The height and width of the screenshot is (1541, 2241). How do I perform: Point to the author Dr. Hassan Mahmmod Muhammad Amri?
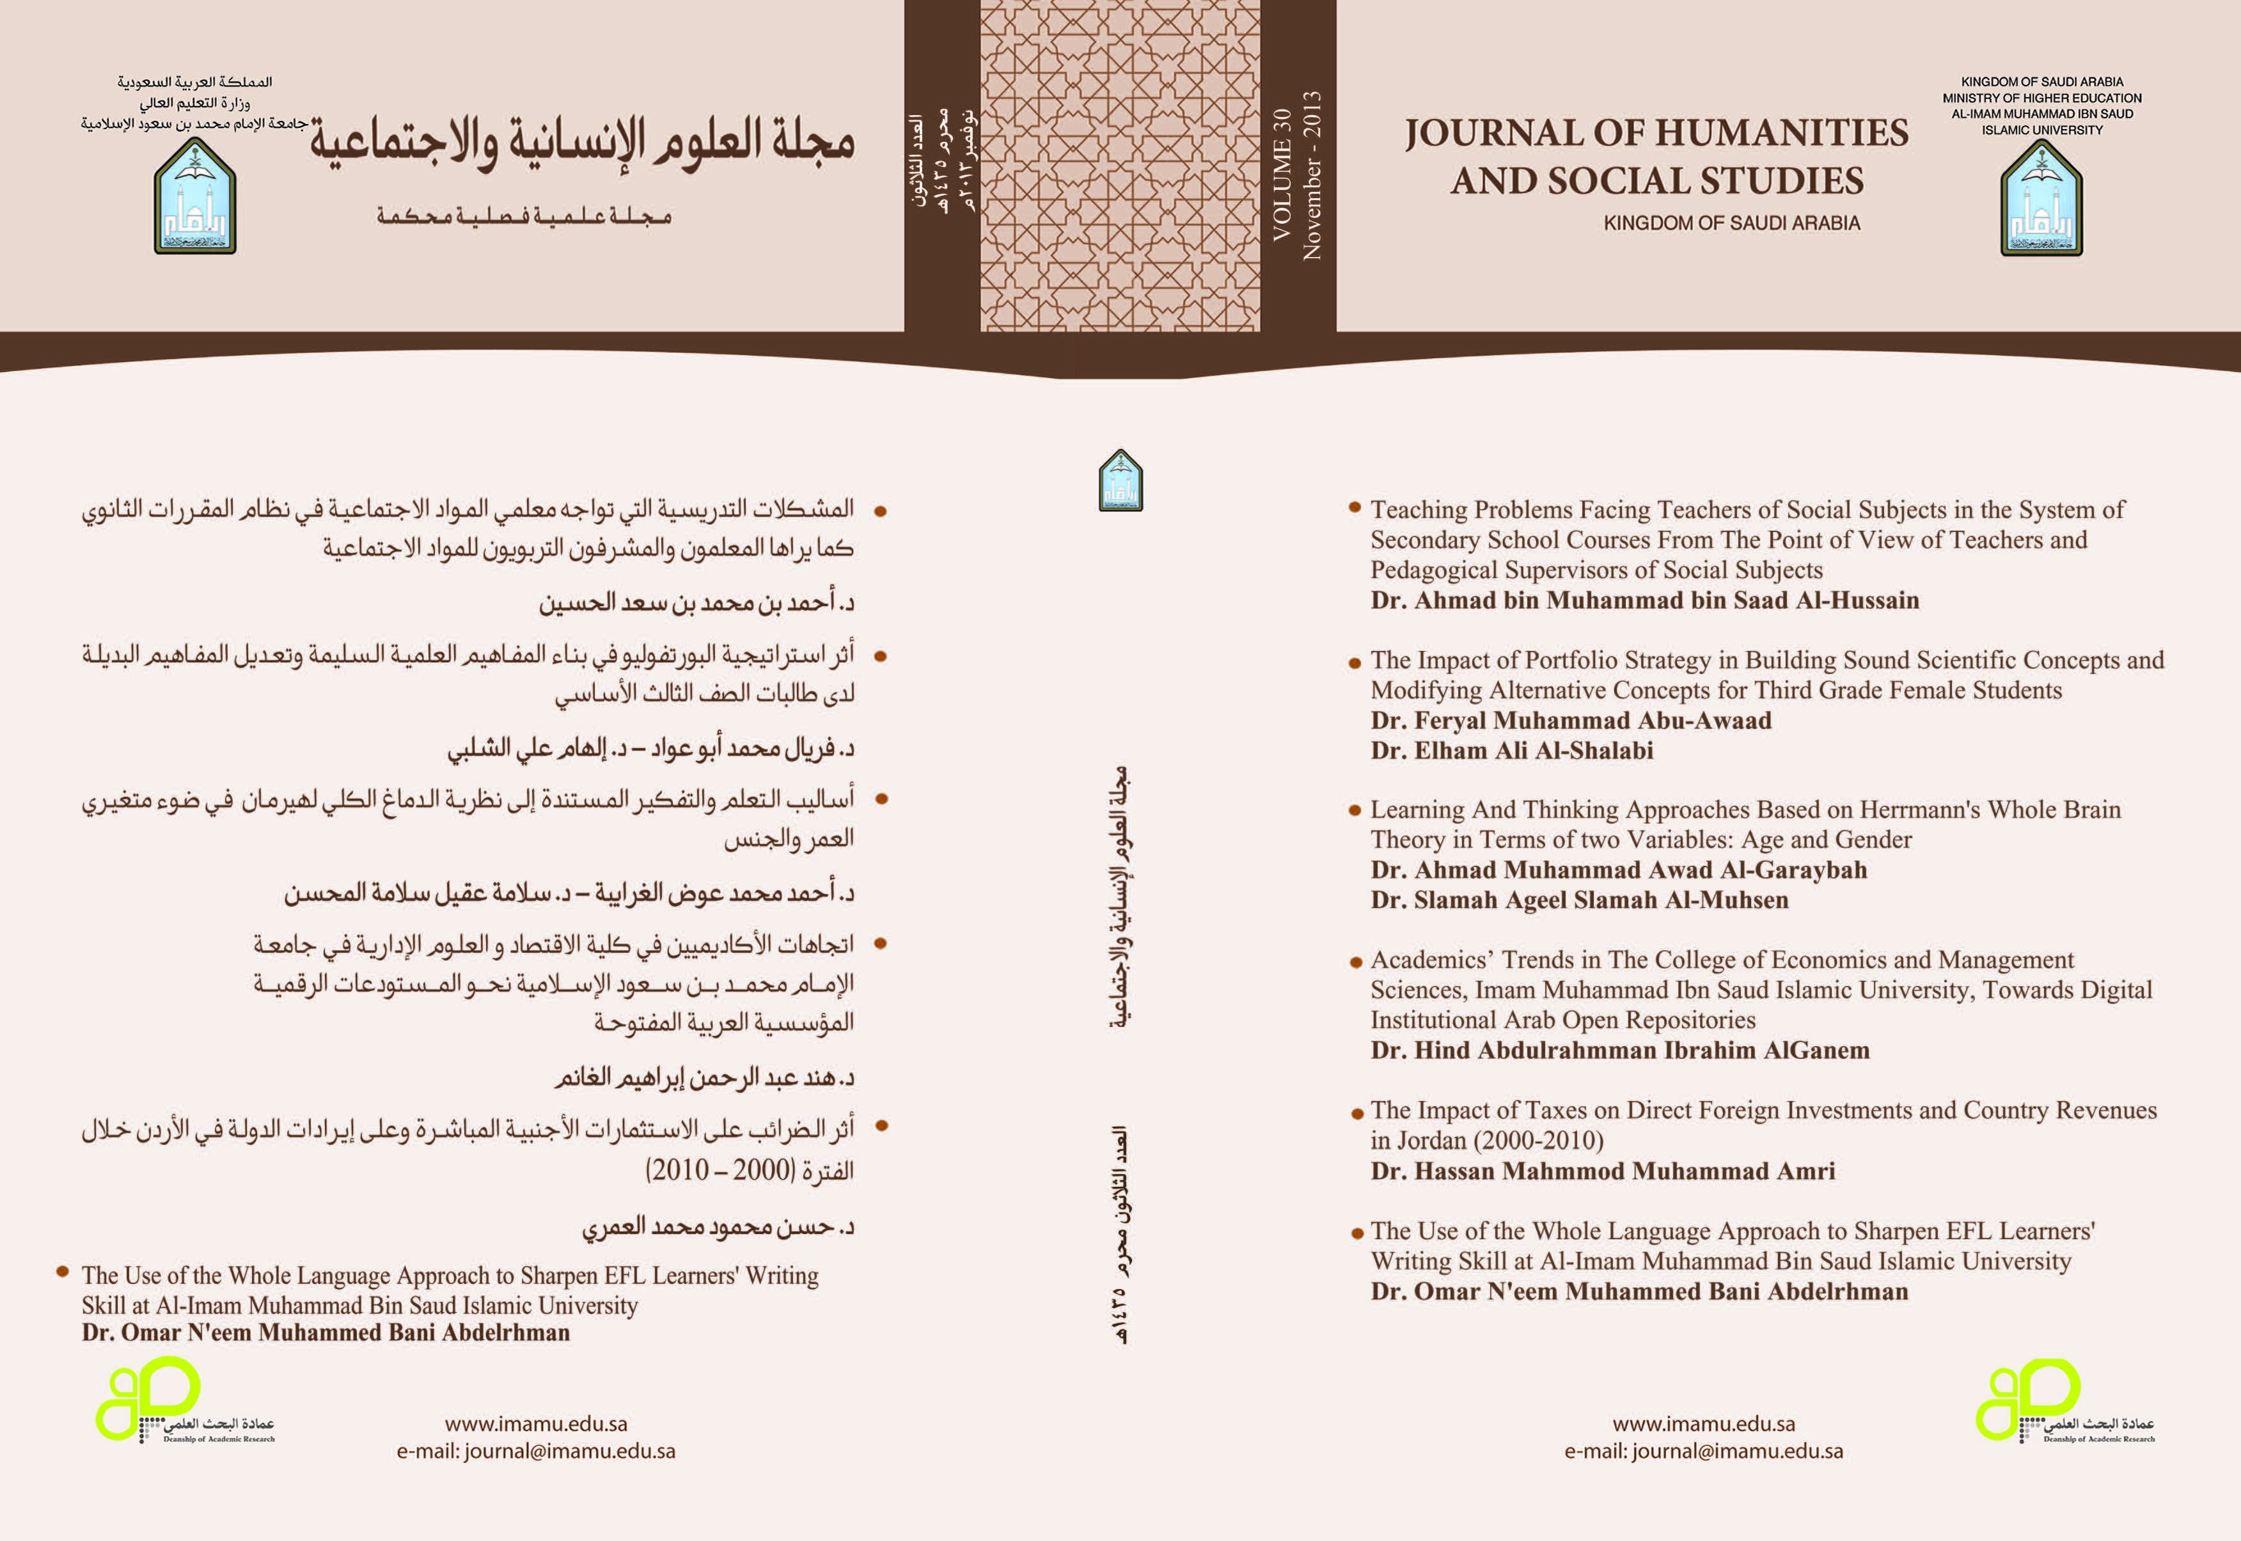[x=1602, y=1171]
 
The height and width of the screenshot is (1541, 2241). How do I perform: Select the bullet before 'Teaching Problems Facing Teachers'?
[x=1355, y=507]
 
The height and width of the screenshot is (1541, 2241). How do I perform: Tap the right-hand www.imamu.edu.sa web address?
[x=1703, y=1423]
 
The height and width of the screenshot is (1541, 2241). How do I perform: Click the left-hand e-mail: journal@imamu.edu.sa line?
[x=536, y=1451]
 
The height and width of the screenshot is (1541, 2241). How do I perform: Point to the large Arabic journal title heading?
[x=582, y=143]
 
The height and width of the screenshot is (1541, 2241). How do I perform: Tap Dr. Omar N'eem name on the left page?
[x=326, y=1333]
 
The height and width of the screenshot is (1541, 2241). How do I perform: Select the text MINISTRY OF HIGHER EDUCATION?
[x=2041, y=98]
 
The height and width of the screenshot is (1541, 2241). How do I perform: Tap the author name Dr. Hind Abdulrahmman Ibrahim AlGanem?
[x=1619, y=1051]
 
